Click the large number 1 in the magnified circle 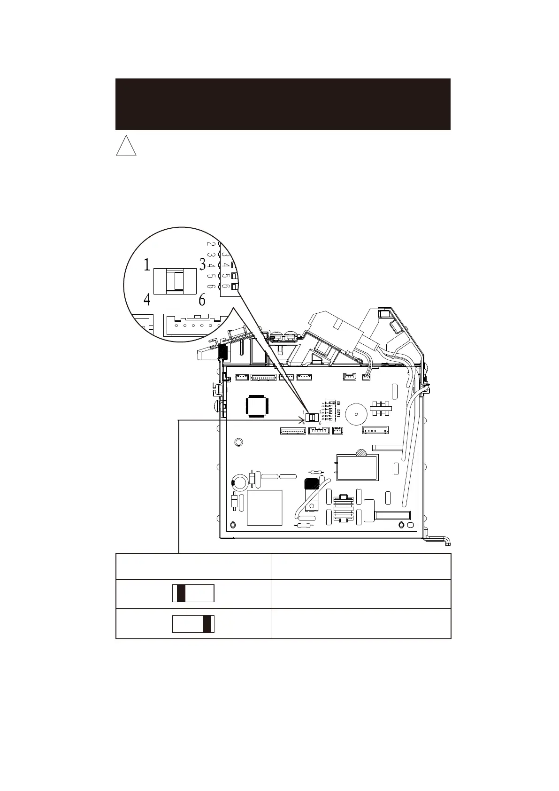pos(147,265)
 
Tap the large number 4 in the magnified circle pos(147,300)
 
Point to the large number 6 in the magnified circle pos(202,300)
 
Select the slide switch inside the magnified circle pos(175,281)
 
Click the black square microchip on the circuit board pos(256,405)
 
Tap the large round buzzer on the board pos(357,414)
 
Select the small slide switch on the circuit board pos(311,417)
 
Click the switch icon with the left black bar pos(193,594)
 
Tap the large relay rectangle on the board pos(357,467)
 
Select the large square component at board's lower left pos(265,508)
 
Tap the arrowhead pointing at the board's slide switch pos(302,420)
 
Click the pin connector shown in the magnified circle pos(192,325)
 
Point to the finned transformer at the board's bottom pos(343,509)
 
